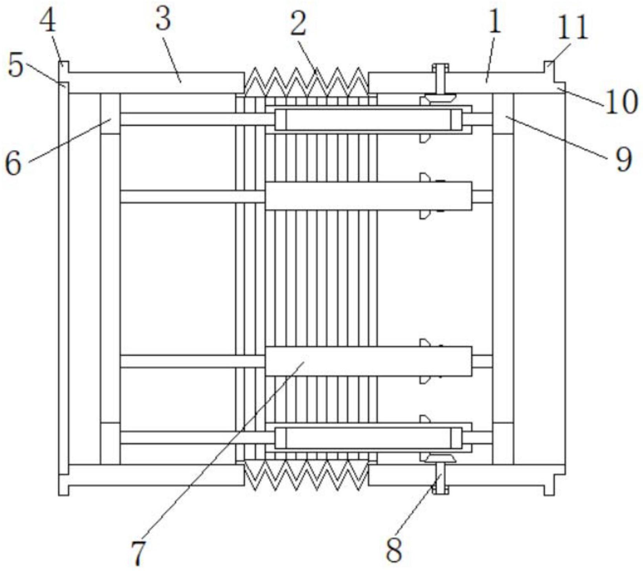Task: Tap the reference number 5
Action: click(16, 66)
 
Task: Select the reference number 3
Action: click(163, 20)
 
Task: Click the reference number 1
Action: click(495, 22)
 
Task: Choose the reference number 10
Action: click(621, 101)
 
